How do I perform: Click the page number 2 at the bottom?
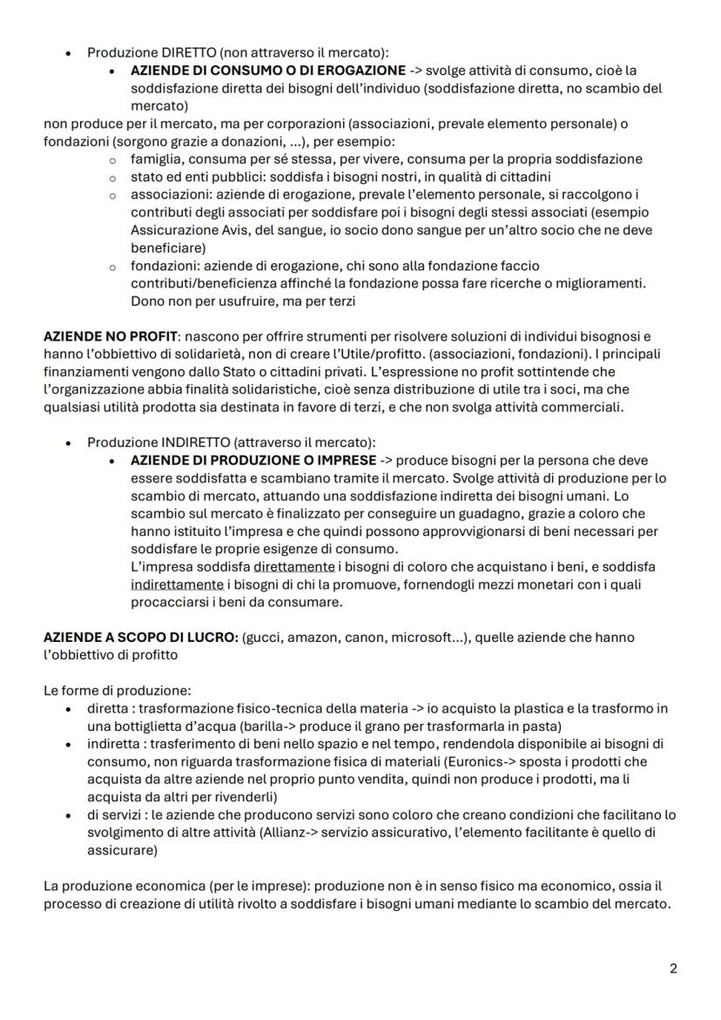673,968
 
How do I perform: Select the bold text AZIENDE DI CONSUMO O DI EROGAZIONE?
268,70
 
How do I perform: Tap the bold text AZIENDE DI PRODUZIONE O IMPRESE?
253,460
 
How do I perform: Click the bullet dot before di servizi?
68,815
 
